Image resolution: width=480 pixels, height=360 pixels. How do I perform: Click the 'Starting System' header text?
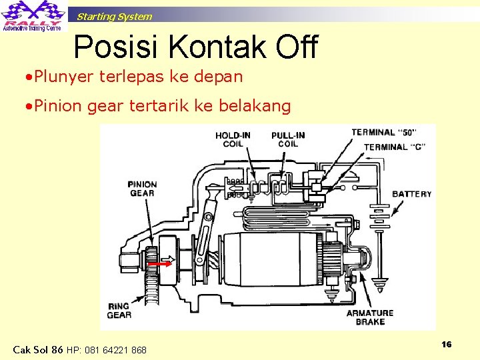pos(114,17)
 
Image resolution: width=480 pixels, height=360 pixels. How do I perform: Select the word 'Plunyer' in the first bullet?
pos(64,77)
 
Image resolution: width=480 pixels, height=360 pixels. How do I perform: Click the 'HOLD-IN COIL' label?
pos(233,140)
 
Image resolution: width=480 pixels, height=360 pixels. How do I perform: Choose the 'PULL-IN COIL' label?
pos(288,140)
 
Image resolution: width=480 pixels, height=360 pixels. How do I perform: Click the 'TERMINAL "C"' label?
pos(395,147)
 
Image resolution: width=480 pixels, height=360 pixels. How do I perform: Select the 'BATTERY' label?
pos(412,194)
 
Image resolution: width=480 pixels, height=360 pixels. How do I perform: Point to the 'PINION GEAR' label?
pos(142,189)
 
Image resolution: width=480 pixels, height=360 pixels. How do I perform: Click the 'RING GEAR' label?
pos(119,311)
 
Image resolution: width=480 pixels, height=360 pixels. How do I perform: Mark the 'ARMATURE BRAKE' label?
pos(370,317)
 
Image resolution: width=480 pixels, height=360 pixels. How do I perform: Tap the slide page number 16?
pos(446,344)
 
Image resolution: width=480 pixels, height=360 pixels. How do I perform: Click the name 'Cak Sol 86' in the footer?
pos(38,349)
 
